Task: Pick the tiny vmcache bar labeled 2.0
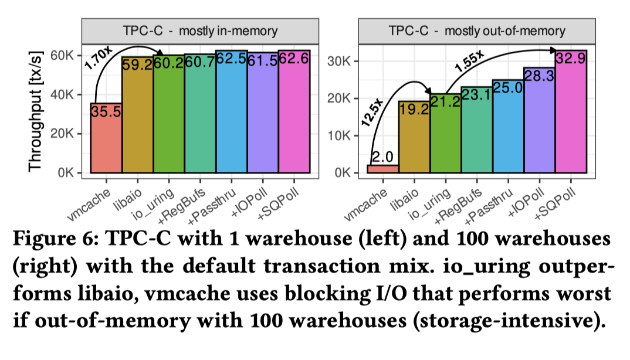coord(382,169)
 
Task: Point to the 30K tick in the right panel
coord(341,62)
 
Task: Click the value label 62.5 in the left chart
coord(231,59)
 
